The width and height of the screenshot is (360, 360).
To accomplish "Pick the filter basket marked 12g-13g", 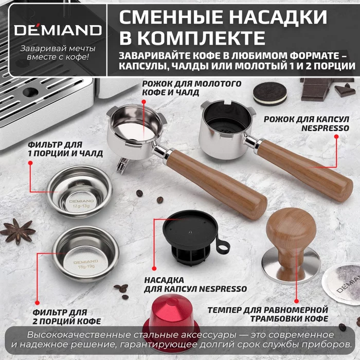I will (79, 191).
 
